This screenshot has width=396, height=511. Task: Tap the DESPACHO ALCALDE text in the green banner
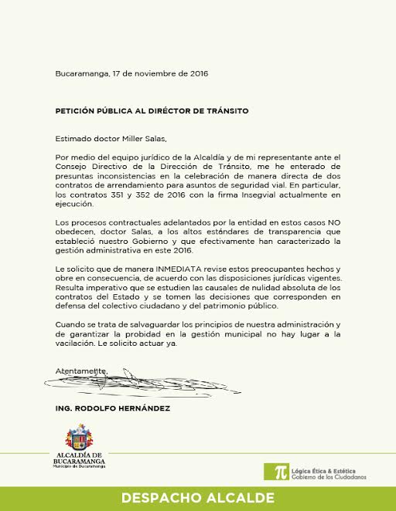click(198, 499)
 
